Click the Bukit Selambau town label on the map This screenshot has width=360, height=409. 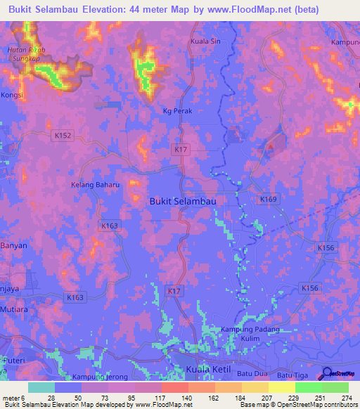point(182,201)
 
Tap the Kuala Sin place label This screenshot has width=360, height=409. point(206,41)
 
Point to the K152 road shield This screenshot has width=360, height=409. point(63,135)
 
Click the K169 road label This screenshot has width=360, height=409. point(268,200)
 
